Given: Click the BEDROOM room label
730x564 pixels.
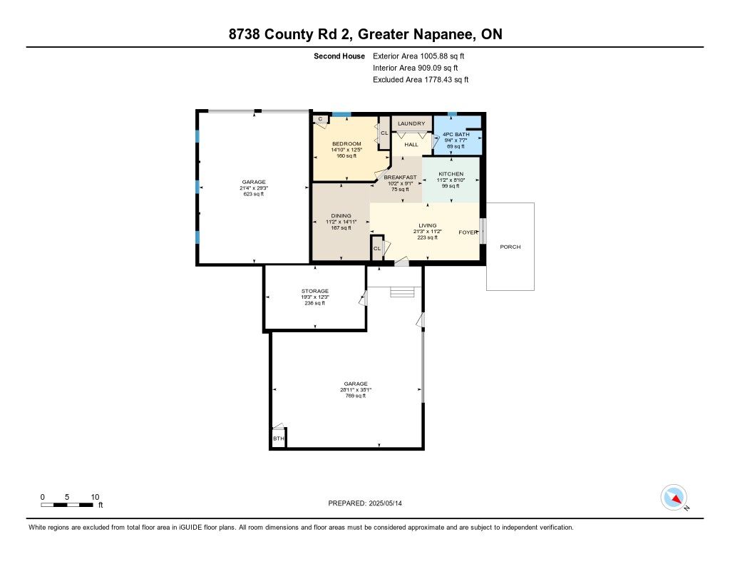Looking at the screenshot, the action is (346, 143).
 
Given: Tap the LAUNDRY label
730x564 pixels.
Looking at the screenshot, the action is (411, 123).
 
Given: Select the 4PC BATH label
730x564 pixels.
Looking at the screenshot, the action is (456, 134).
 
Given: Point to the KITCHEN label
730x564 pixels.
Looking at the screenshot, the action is (451, 174).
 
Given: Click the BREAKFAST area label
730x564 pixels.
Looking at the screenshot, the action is (400, 177).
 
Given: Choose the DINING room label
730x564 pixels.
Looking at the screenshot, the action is (341, 215).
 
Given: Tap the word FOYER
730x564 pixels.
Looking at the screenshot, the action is (468, 232).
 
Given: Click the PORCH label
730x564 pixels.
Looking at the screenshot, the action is (510, 247).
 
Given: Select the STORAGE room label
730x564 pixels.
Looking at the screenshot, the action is (314, 291).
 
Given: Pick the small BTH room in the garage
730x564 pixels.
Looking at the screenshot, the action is (279, 438).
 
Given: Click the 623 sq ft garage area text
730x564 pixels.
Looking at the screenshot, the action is (254, 194).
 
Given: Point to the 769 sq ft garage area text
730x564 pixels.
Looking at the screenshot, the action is (356, 396).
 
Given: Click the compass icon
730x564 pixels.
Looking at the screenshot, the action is (674, 498).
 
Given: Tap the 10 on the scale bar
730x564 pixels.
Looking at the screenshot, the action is (95, 497).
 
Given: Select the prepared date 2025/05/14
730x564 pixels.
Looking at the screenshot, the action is (386, 503).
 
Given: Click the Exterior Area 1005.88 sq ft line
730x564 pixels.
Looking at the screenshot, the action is (418, 56).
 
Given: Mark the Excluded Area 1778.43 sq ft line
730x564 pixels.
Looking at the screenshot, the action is (421, 80).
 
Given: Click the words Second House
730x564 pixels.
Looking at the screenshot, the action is (339, 56).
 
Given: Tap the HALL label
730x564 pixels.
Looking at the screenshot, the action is (411, 144).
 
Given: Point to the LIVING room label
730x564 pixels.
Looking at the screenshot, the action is (428, 225).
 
